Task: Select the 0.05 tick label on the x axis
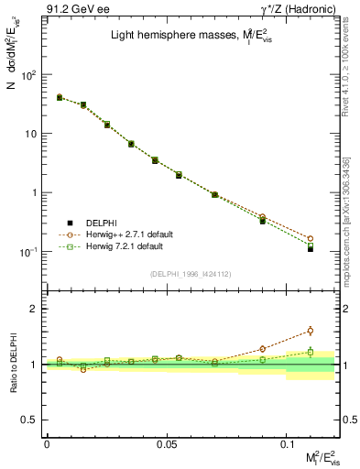coord(166,444)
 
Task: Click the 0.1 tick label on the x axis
coord(286,444)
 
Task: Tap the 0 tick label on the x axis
coord(47,444)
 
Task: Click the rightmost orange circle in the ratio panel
coord(310,331)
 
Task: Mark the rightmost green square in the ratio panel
coord(310,352)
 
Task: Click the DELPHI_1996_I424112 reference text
coord(187,274)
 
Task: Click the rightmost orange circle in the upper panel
coord(310,238)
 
